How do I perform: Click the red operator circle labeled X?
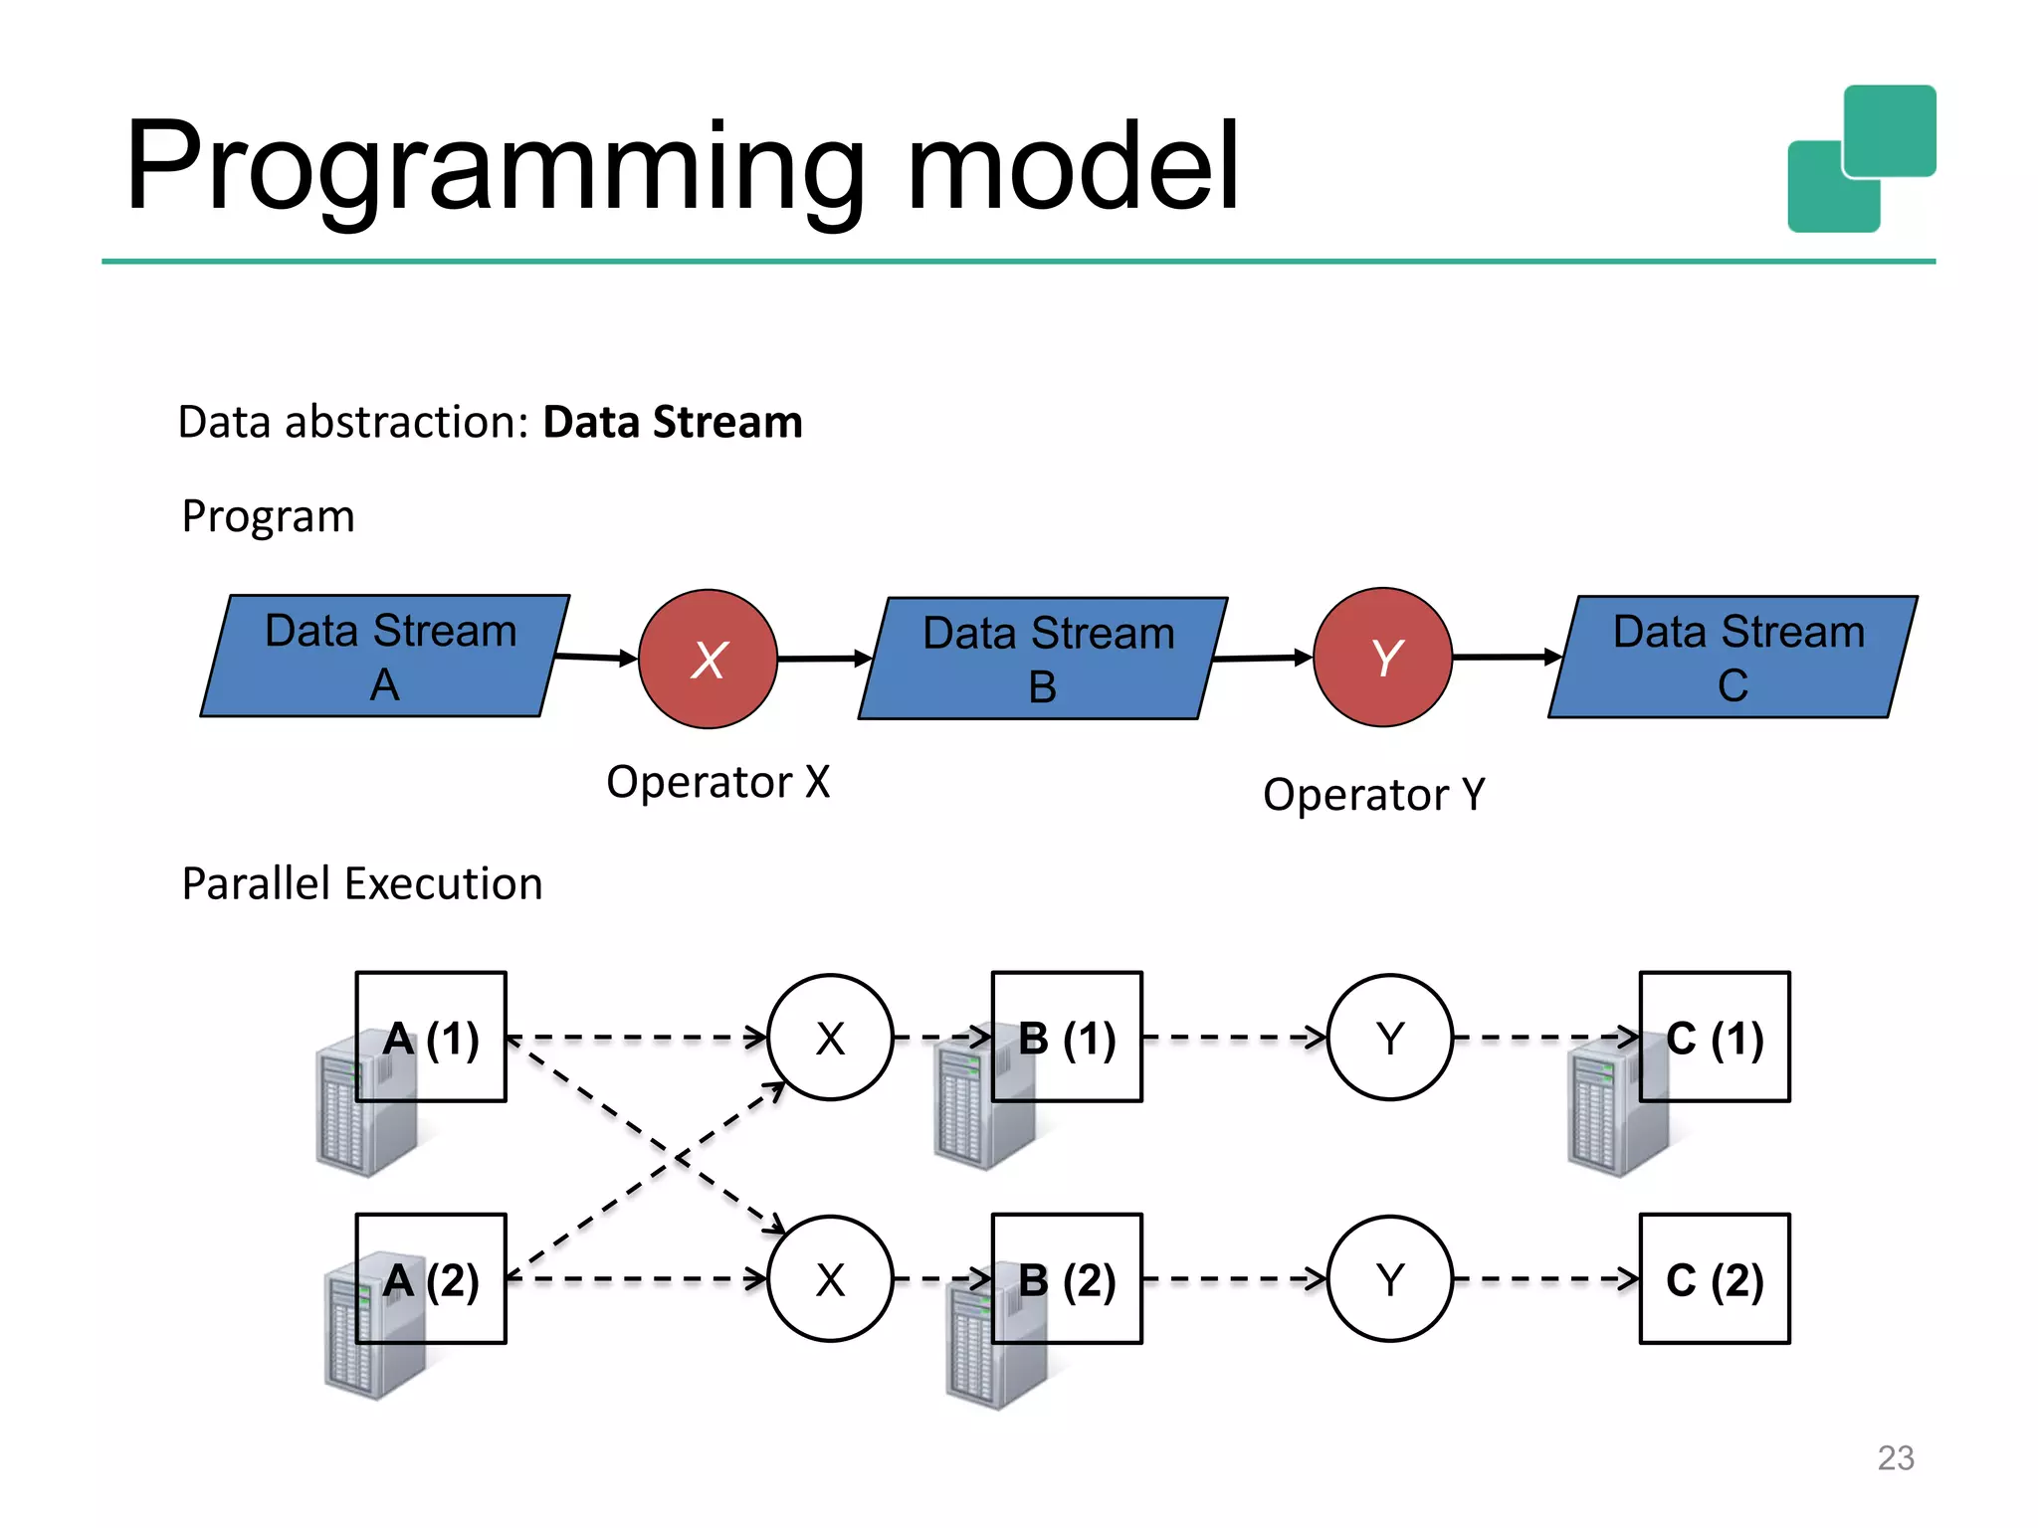tap(708, 659)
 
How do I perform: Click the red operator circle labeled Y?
tap(1382, 658)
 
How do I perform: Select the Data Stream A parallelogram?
tap(385, 657)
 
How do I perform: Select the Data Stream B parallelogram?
tap(1043, 659)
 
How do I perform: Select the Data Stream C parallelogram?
tap(1732, 657)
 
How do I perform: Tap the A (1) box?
tap(431, 1037)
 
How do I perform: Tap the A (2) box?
tap(431, 1278)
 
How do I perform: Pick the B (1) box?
tap(1067, 1037)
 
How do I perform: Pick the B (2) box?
tap(1067, 1278)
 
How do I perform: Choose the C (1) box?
tap(1715, 1037)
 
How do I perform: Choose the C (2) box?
tap(1715, 1278)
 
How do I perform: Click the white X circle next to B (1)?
tap(830, 1037)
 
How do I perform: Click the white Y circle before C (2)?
tap(1390, 1278)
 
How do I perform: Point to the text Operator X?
tap(717, 782)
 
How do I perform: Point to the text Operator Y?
tap(1373, 795)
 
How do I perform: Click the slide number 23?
tap(1895, 1457)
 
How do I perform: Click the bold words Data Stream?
tap(673, 422)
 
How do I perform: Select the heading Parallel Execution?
tap(362, 883)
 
